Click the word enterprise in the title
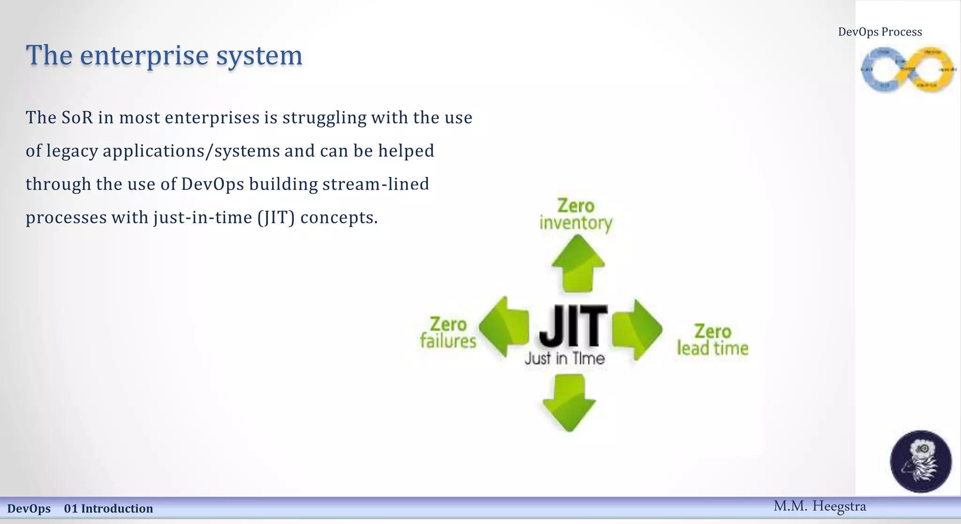(x=144, y=55)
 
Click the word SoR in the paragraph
(x=77, y=117)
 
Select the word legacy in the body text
(x=72, y=151)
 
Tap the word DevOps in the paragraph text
(x=213, y=184)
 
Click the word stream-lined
(x=375, y=184)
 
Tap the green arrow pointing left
(x=503, y=327)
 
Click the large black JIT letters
(x=572, y=325)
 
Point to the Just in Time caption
(x=564, y=359)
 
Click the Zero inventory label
(x=576, y=214)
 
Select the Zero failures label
(x=448, y=333)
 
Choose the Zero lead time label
(x=712, y=340)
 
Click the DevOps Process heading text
(x=880, y=32)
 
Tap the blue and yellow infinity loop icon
(x=908, y=69)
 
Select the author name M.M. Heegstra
(x=819, y=506)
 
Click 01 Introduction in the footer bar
(x=108, y=509)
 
